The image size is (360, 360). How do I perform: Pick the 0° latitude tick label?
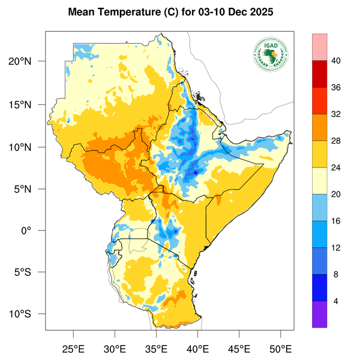(35, 231)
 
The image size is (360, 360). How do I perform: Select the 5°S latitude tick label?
(30, 272)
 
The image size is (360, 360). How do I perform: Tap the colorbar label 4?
(335, 301)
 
